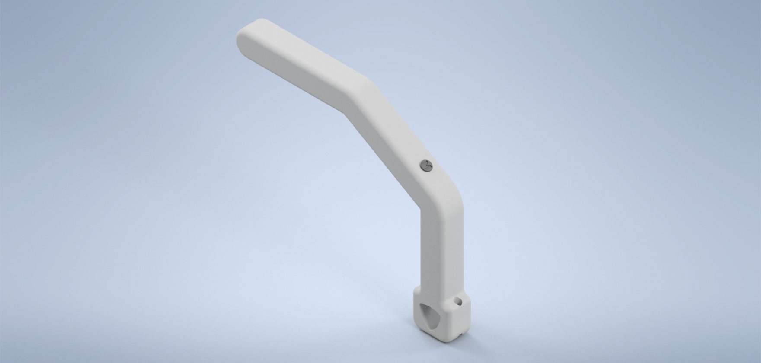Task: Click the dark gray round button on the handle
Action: click(426, 166)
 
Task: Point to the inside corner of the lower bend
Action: click(421, 210)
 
